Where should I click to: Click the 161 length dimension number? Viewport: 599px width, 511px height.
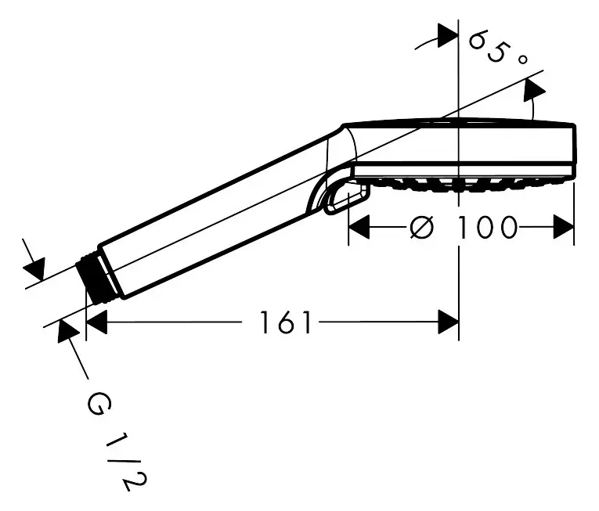pyautogui.click(x=287, y=322)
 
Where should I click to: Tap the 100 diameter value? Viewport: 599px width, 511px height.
pyautogui.click(x=487, y=228)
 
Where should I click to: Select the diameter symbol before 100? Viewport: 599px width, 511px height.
pyautogui.click(x=421, y=228)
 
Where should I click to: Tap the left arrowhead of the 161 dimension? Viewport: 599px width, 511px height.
pyautogui.click(x=96, y=322)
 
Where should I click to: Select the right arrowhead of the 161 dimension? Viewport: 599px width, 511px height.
pyautogui.click(x=448, y=322)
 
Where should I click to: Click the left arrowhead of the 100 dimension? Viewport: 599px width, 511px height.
pyautogui.click(x=358, y=228)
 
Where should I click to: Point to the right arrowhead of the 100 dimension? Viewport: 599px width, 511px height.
pyautogui.click(x=565, y=228)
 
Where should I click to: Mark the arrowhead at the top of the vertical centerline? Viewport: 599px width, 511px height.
pyautogui.click(x=447, y=35)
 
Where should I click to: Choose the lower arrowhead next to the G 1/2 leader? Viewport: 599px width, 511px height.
pyautogui.click(x=67, y=332)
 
